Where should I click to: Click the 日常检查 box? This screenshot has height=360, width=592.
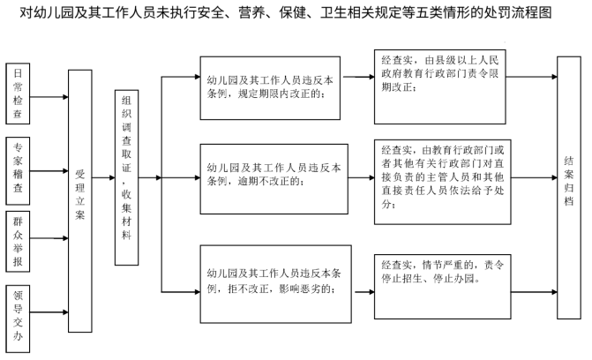pos(18,94)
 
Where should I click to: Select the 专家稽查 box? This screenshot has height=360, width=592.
pos(18,171)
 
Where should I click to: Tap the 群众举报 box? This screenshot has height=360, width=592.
pos(18,242)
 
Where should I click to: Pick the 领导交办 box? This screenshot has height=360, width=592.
pos(18,319)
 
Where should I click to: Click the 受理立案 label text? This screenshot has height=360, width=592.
pos(80,194)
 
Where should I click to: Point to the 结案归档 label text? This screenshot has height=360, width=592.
pos(569,181)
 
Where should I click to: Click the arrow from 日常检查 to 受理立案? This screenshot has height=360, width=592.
pos(49,97)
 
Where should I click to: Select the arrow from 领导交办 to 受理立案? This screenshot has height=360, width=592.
pos(49,312)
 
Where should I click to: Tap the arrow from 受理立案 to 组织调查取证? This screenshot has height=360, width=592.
pos(103,177)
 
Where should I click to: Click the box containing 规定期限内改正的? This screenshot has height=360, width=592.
pos(270,88)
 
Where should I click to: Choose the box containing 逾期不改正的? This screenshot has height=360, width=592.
pos(274,179)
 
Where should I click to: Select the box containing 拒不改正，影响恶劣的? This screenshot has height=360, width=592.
pos(275,284)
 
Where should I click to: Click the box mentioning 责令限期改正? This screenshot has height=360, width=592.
pos(440,86)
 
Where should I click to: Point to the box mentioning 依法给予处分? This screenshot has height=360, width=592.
pos(443,182)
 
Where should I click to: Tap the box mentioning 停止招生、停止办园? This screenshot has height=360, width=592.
pos(443,287)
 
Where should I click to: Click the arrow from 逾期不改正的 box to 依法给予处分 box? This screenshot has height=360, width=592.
pos(362,177)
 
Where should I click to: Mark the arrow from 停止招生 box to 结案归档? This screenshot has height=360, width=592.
pos(535,292)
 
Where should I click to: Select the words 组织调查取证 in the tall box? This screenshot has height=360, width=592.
pos(126,134)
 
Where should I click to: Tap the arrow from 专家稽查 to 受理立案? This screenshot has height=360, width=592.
pos(49,171)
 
